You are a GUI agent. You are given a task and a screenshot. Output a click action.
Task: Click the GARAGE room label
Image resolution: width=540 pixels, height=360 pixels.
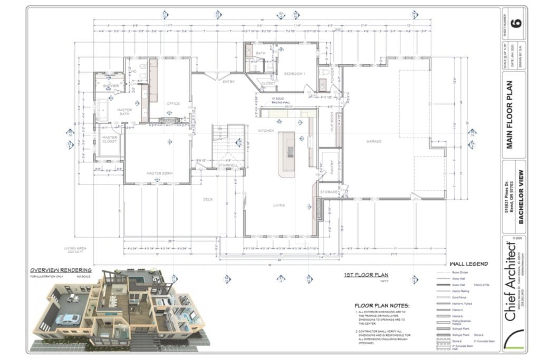374,141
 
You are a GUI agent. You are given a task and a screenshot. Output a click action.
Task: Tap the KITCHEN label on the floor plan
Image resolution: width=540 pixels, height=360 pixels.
265,130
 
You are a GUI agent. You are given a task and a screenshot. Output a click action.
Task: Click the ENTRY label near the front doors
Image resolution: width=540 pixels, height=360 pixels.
228,82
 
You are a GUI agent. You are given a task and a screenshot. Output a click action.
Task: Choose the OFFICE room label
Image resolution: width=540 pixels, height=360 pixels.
173,104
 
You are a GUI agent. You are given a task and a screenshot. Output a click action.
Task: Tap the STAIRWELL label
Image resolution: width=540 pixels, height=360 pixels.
228,166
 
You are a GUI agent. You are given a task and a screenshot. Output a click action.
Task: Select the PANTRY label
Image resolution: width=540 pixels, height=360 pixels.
327,162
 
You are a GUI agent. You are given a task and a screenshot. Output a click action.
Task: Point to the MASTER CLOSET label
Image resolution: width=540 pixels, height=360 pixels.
110,140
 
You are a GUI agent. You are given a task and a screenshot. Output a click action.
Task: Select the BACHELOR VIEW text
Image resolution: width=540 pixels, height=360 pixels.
520,197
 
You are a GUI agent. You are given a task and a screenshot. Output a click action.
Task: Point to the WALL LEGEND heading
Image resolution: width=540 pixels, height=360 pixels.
468,264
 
